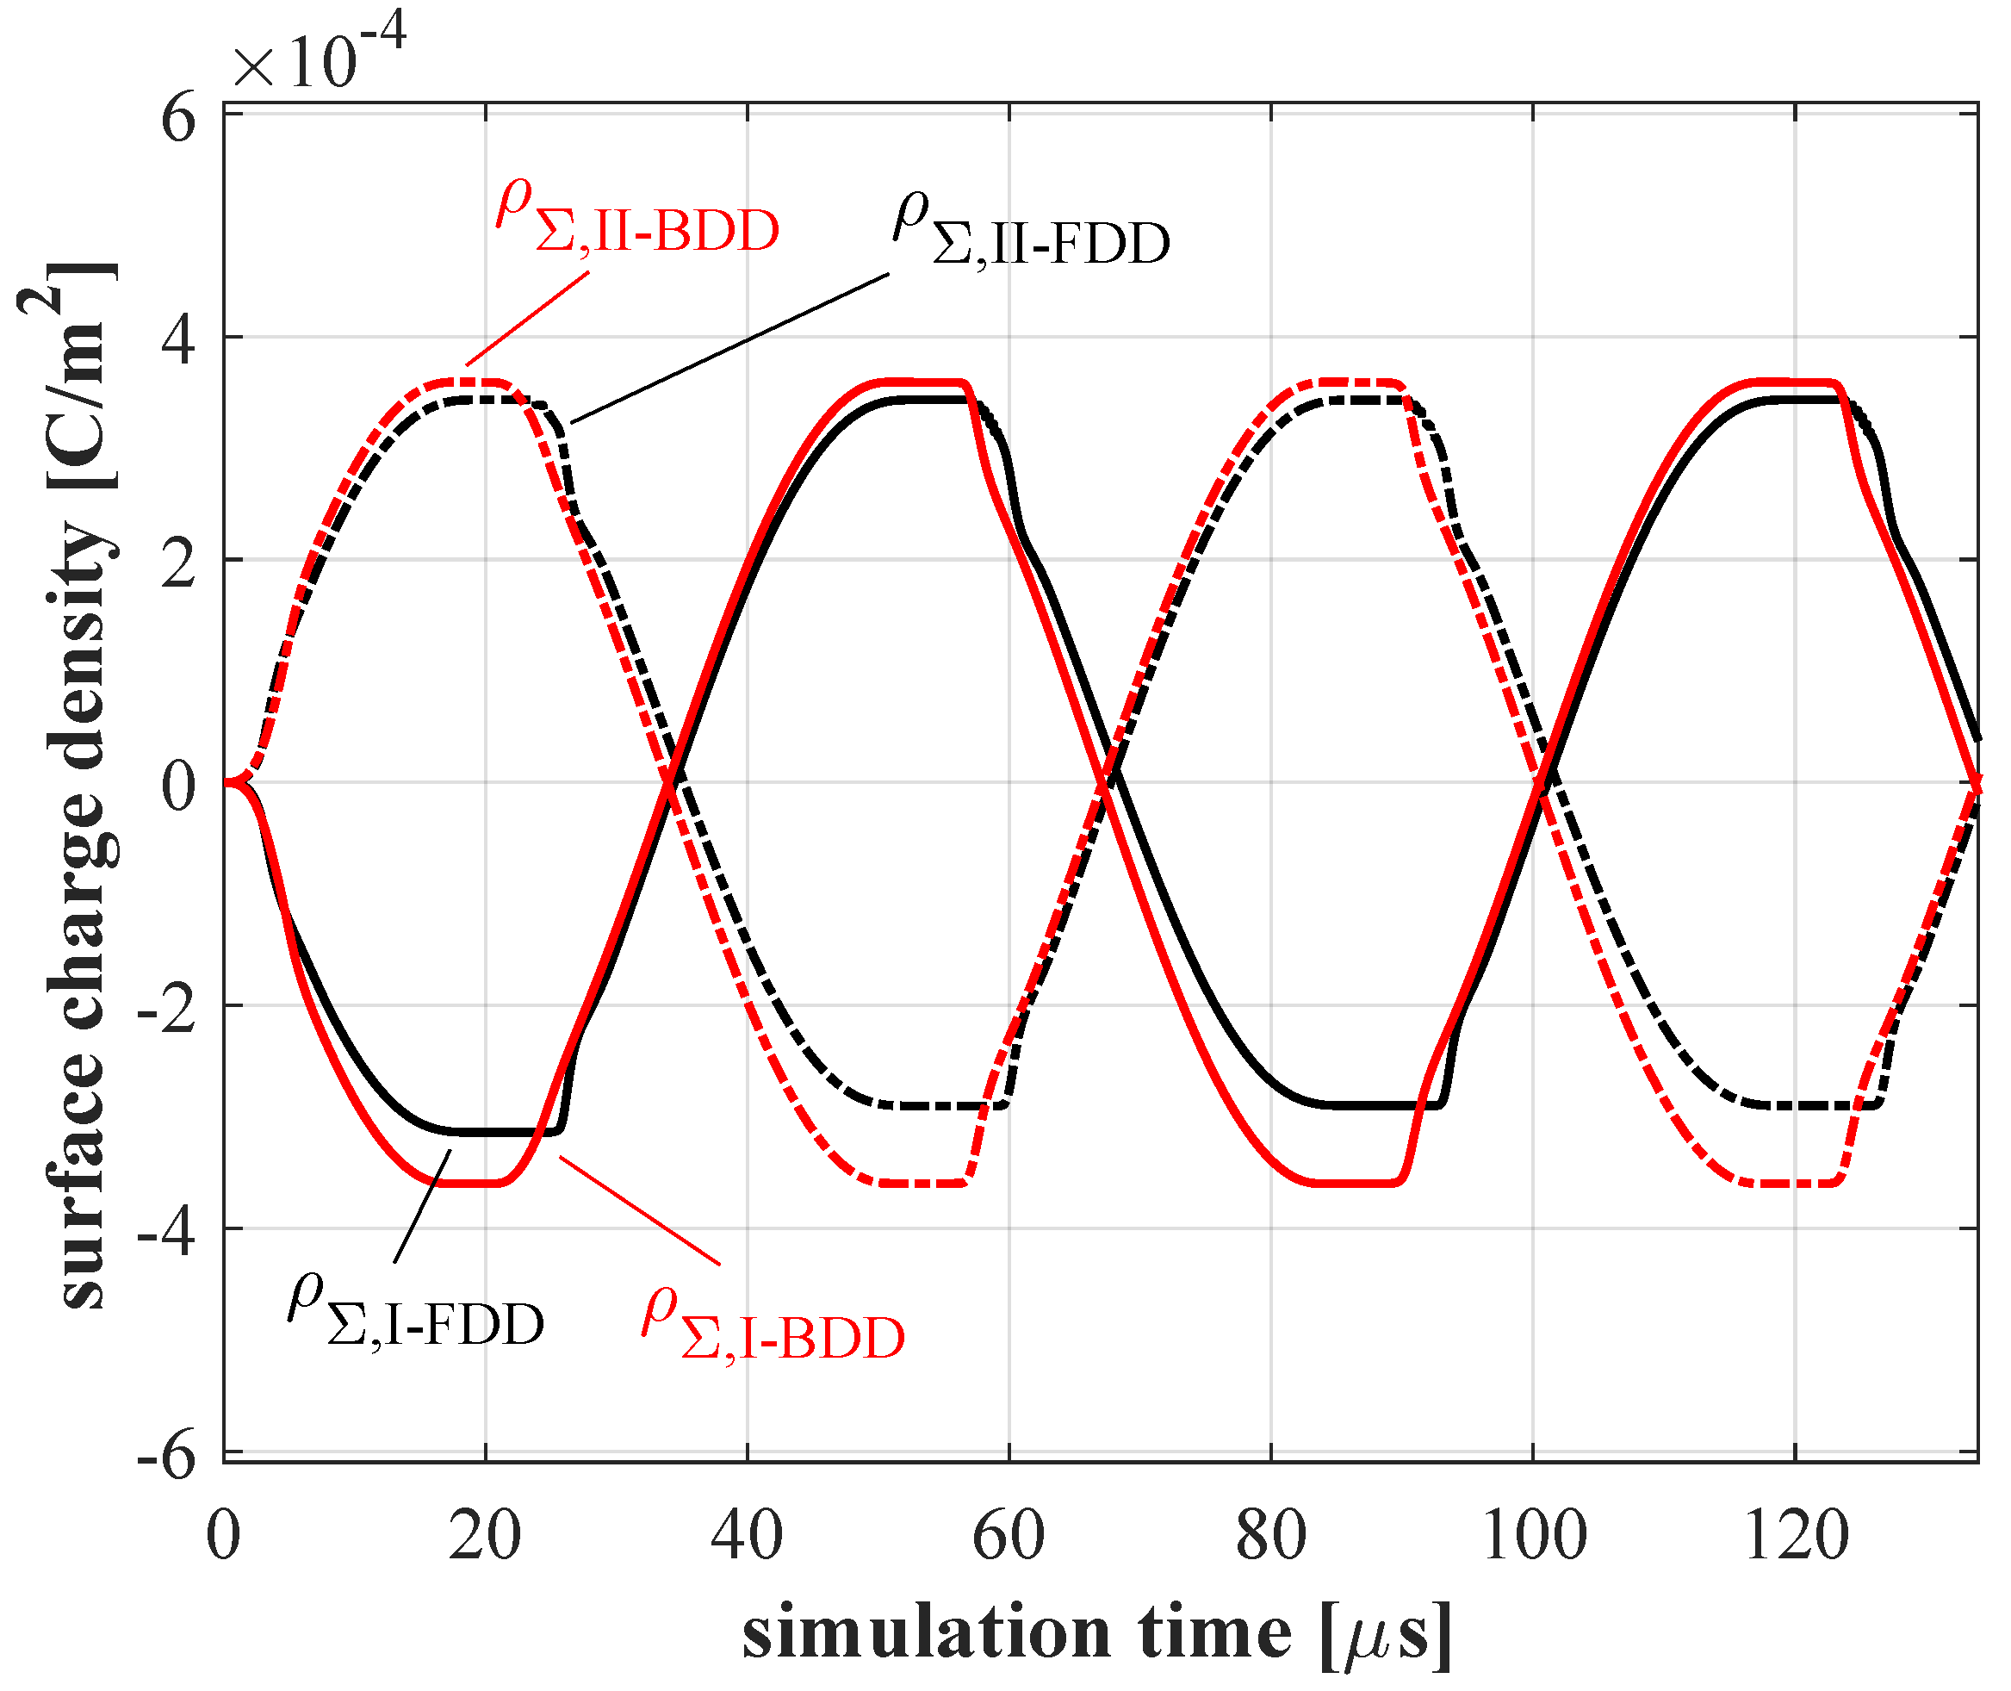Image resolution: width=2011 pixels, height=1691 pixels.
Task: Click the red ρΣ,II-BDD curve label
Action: coord(637,218)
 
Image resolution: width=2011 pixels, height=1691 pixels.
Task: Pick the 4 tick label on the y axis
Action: coord(178,339)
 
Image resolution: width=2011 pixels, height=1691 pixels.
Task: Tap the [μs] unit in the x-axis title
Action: coord(1385,1635)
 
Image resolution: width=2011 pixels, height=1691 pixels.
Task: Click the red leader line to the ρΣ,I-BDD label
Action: coord(639,1210)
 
